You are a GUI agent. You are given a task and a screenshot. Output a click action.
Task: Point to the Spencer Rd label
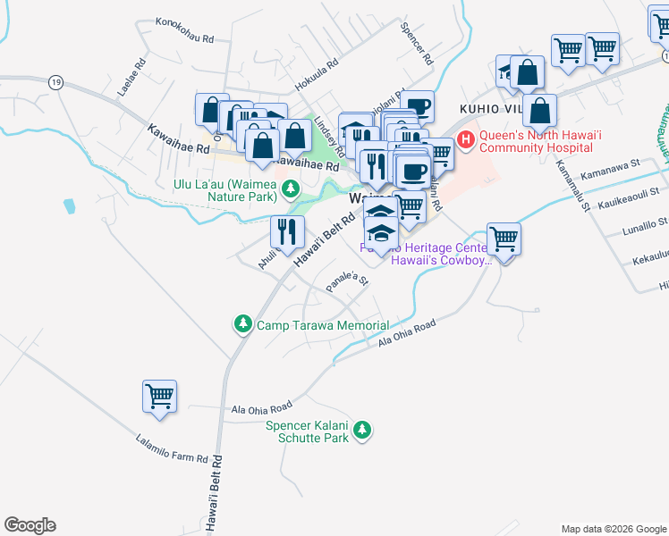click(417, 44)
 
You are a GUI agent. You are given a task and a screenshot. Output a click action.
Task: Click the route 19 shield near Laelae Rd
click(56, 80)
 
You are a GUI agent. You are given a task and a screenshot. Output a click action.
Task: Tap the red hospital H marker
click(466, 139)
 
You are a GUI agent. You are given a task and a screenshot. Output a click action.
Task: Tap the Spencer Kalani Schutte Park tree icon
click(362, 431)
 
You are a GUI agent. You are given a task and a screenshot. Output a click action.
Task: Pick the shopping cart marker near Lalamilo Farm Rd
click(159, 396)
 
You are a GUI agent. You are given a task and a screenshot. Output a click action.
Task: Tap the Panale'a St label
click(348, 281)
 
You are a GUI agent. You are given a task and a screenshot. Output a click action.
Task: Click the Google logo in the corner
click(30, 525)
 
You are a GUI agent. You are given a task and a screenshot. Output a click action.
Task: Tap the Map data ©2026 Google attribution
click(614, 529)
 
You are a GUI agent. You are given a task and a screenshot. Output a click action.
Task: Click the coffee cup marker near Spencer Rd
click(416, 106)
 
